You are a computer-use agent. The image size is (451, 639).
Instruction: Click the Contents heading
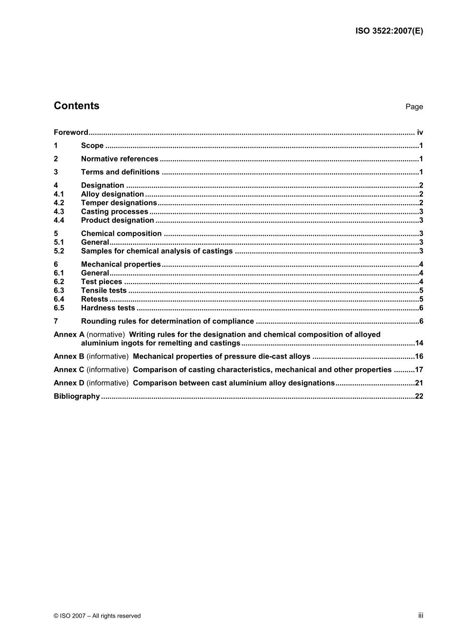[x=76, y=106]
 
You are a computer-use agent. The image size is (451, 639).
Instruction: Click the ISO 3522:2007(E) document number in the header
[x=389, y=31]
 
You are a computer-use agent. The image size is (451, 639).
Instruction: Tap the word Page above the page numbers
[x=414, y=107]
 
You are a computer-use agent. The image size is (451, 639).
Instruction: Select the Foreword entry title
[x=71, y=133]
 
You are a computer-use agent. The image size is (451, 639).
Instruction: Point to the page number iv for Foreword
[x=420, y=133]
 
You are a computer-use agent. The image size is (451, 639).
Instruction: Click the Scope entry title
[x=92, y=146]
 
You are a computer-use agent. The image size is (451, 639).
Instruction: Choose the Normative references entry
[x=120, y=159]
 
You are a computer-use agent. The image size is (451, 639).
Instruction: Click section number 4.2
[x=59, y=203]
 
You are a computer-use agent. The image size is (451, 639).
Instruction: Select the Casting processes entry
[x=114, y=212]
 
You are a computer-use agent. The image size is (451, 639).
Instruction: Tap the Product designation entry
[x=117, y=220]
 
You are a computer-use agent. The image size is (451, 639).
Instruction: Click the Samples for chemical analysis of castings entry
[x=157, y=251]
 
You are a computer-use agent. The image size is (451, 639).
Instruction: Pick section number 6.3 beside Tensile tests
[x=59, y=291]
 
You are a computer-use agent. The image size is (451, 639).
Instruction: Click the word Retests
[x=94, y=299]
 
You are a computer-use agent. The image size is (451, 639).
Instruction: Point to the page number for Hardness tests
[x=421, y=308]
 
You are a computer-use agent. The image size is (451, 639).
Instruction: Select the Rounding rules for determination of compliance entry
[x=167, y=322]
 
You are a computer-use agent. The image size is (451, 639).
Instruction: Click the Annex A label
[x=69, y=335]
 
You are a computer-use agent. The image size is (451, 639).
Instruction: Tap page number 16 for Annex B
[x=419, y=357]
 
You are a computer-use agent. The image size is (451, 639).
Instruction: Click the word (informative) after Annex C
[x=107, y=370]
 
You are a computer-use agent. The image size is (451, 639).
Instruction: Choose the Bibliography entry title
[x=76, y=397]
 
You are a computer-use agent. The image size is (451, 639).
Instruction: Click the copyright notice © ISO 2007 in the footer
[x=97, y=616]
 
